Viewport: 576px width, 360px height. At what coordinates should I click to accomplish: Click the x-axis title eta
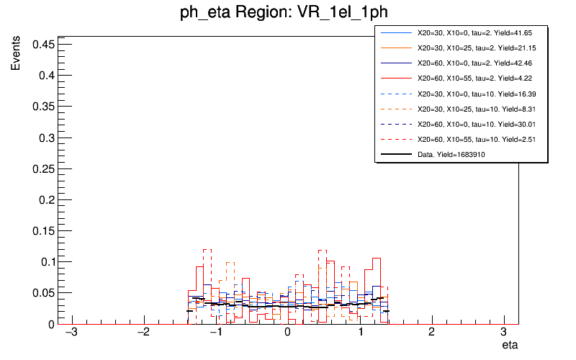point(510,346)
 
